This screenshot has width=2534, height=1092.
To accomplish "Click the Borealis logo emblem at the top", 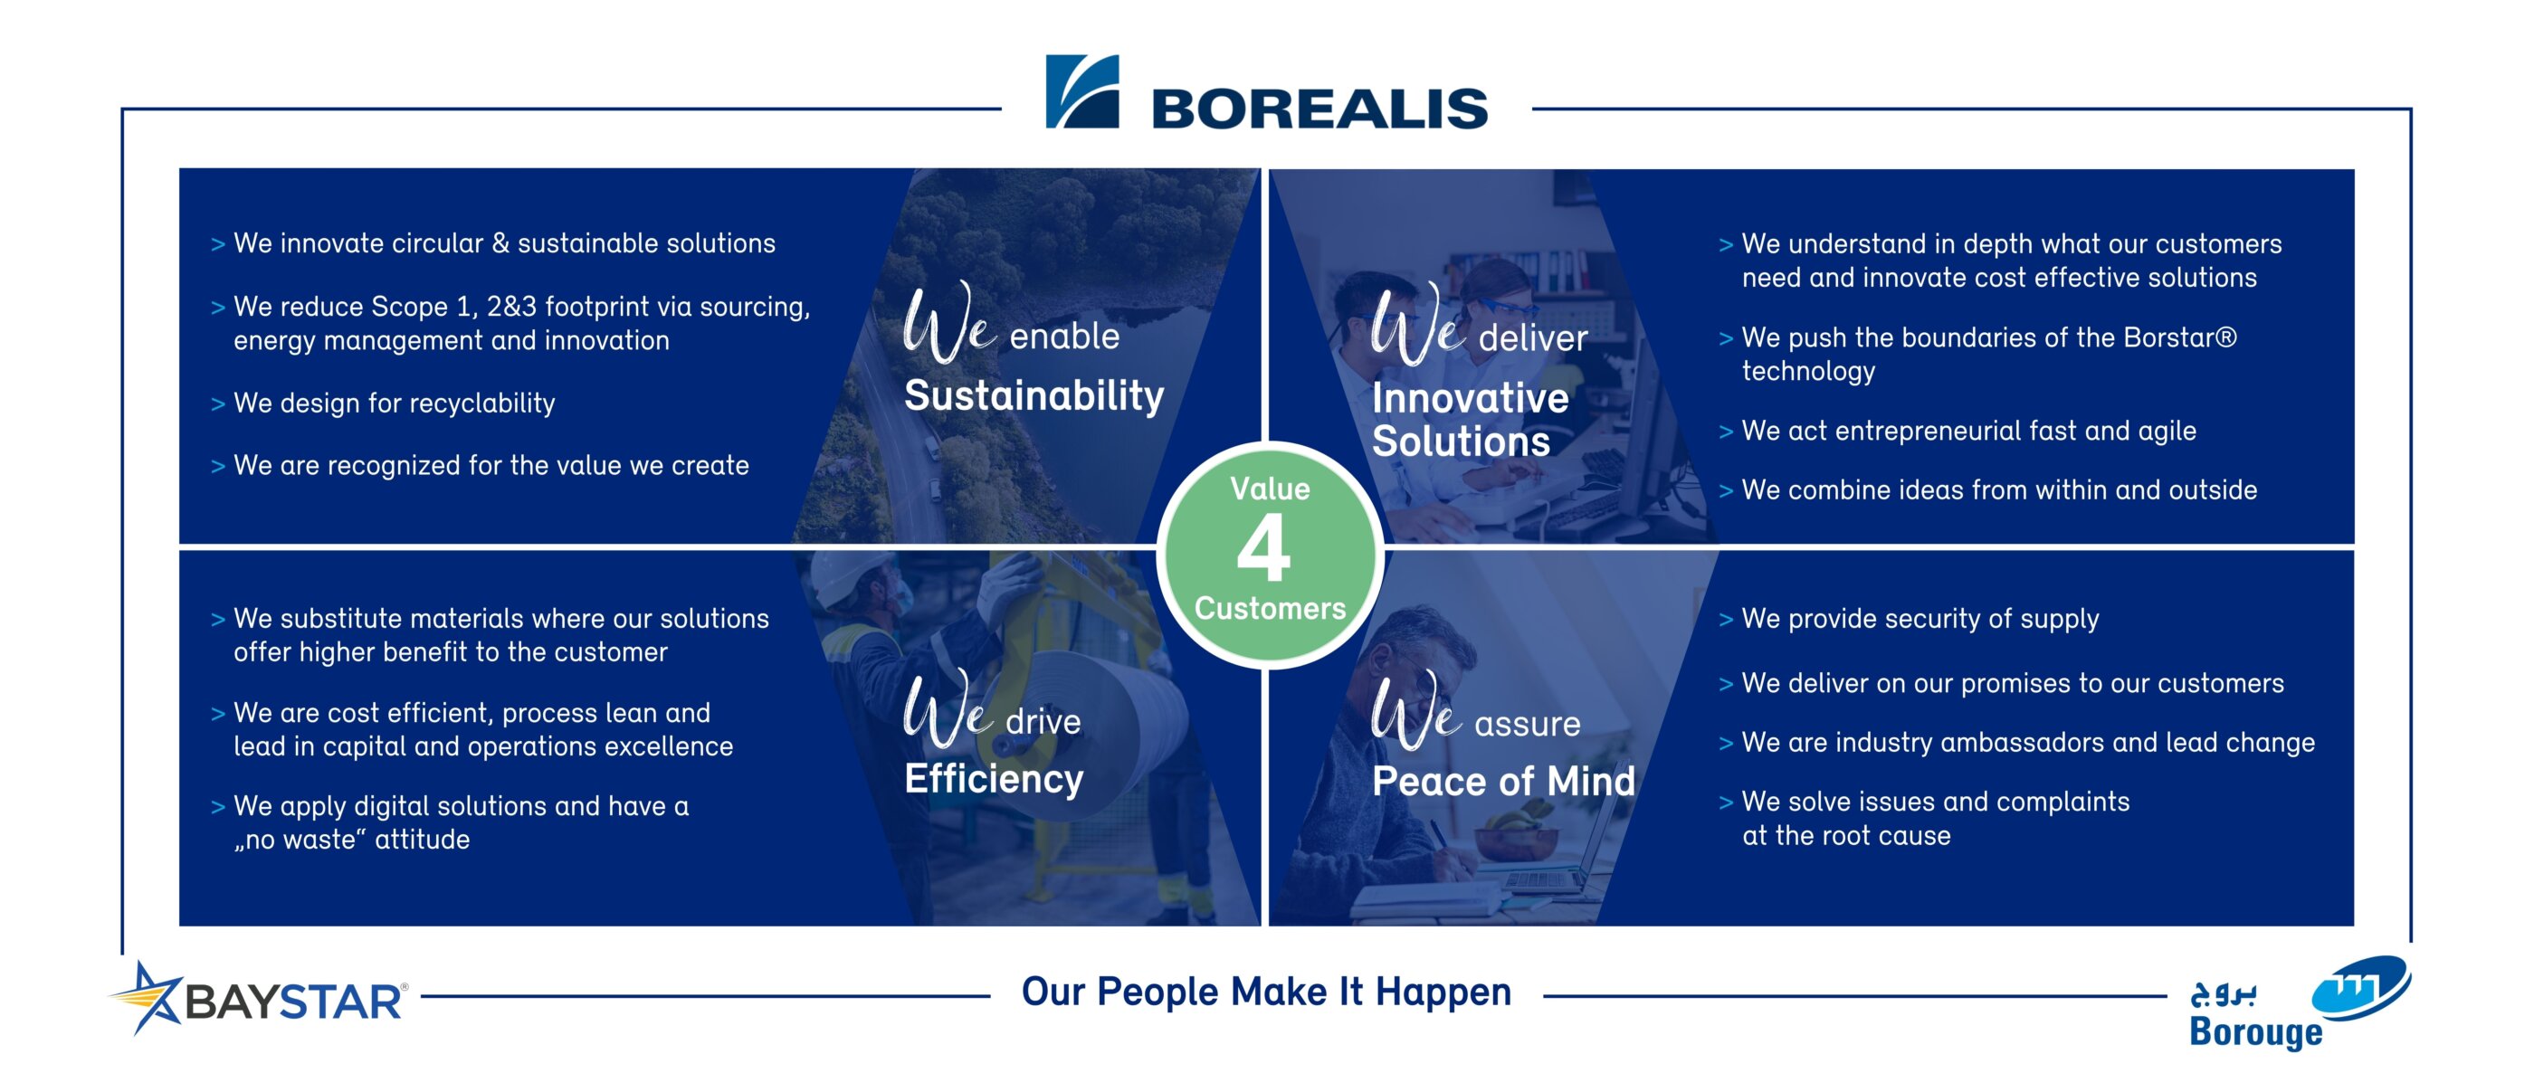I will point(1081,91).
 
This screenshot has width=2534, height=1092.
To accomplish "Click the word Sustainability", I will point(1033,395).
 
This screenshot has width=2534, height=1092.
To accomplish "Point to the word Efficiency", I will point(994,779).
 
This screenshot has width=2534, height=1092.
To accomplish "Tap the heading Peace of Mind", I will point(1502,781).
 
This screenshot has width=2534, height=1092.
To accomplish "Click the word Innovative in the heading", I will point(1470,398).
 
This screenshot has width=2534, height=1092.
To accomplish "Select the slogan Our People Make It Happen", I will point(1266,992).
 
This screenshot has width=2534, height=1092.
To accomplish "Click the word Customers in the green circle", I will point(1269,609).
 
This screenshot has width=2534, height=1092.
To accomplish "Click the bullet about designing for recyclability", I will point(394,404).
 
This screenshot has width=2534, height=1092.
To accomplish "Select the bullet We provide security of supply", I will point(1920,619).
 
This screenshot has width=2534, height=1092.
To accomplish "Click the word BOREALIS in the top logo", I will point(1319,109).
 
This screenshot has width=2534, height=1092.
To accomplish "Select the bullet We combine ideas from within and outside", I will point(1998,490).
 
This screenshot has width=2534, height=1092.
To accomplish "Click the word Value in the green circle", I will point(1269,489).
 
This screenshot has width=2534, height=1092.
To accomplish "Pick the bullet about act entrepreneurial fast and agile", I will point(1967,431).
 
